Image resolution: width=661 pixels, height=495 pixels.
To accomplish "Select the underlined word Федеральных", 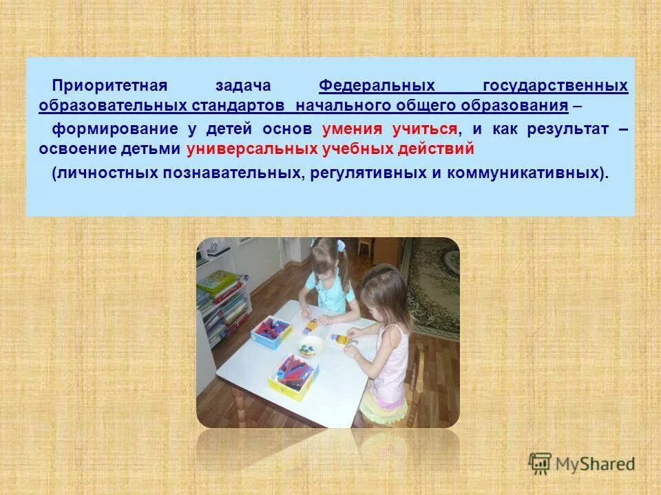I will pos(377,86).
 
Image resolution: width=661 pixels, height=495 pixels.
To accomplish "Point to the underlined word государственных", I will pos(555,86).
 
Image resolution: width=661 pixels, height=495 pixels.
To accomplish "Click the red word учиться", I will pos(425,129).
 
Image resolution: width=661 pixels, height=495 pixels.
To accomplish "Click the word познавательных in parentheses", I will pos(232,172).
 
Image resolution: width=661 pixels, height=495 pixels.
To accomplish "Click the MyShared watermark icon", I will pos(541,463).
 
